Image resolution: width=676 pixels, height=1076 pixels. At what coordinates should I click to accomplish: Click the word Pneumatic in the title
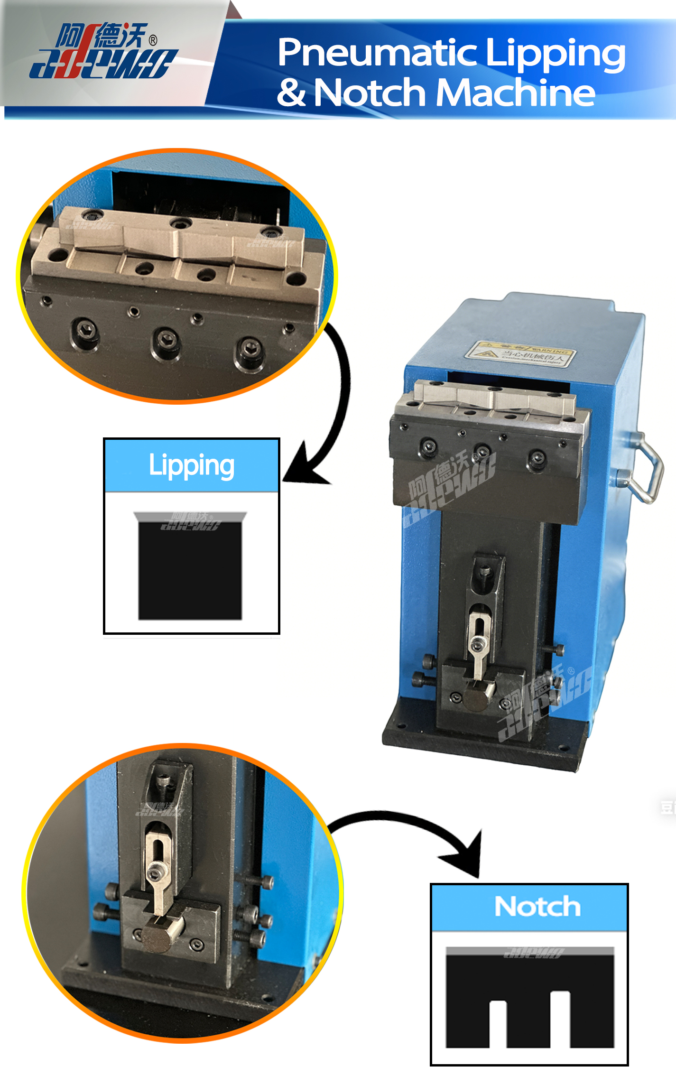377,53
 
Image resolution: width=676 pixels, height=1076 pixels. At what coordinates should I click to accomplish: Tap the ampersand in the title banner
291,93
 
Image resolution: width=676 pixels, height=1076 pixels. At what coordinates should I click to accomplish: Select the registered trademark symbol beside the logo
153,40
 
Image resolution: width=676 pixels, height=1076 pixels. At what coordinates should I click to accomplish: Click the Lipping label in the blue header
192,465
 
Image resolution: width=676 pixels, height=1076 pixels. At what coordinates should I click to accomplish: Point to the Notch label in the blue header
537,907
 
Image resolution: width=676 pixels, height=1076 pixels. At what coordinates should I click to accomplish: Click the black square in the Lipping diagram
190,571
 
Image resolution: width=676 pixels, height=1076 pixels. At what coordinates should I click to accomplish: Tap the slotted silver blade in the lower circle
157,873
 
